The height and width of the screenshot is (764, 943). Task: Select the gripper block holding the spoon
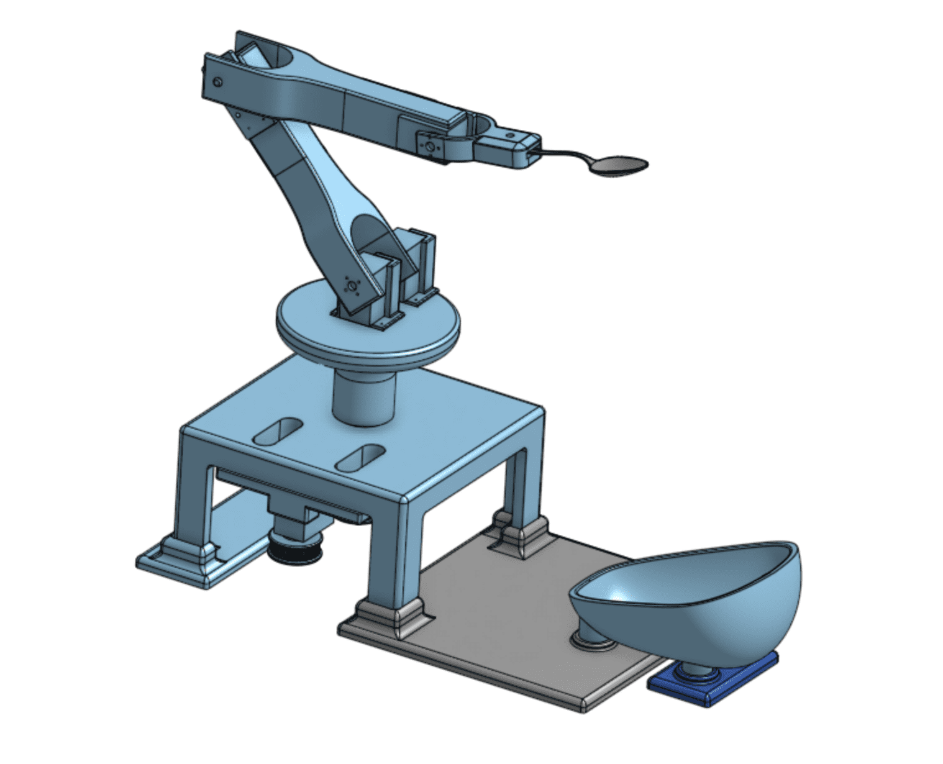(503, 149)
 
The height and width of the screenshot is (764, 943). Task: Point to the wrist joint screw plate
(429, 146)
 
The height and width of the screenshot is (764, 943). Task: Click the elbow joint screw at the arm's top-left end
(217, 82)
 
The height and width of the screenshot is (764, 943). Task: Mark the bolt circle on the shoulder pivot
(351, 286)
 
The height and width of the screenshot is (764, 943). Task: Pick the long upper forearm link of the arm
(348, 99)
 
